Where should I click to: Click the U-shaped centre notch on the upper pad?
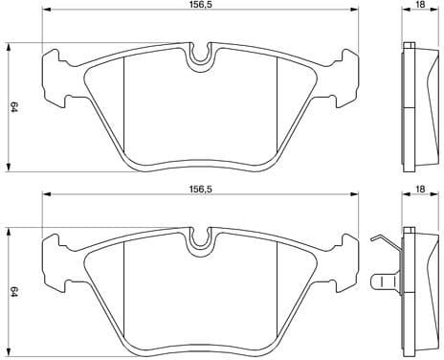point(200,57)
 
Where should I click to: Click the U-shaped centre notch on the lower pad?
point(200,239)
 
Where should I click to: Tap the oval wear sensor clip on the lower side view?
point(384,281)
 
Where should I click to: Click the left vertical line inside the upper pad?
point(125,105)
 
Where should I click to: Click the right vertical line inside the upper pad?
point(276,105)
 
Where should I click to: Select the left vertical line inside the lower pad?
point(125,287)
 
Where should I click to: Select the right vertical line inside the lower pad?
point(276,287)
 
